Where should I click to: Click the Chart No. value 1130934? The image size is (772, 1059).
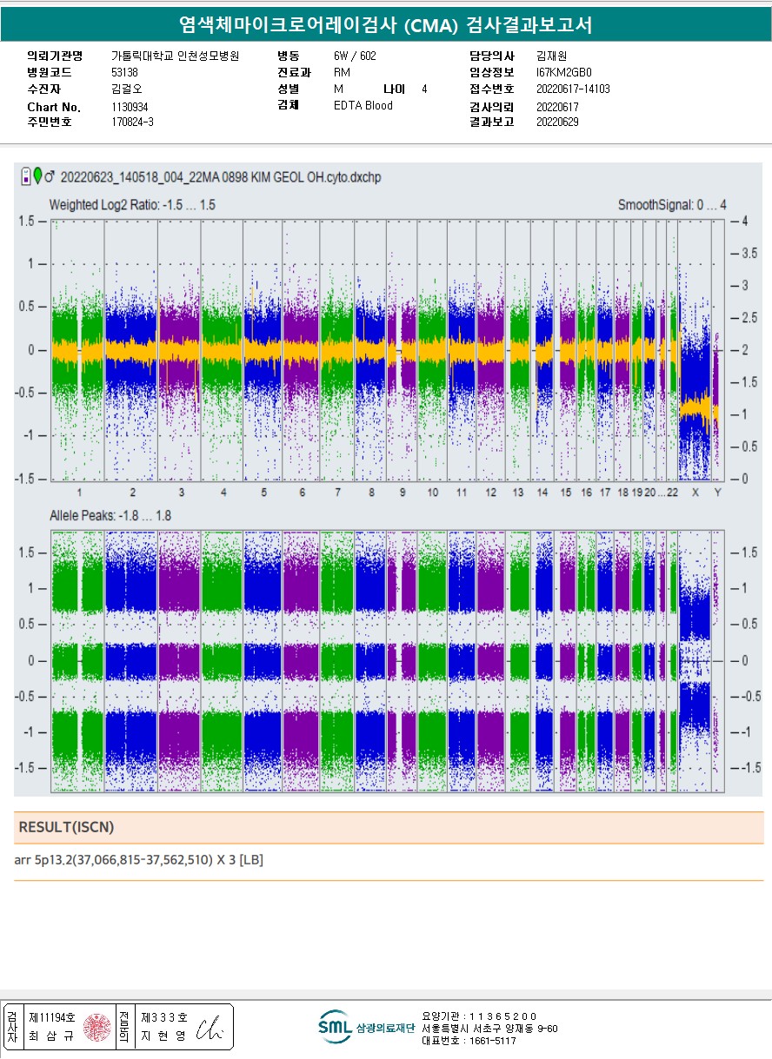[130, 107]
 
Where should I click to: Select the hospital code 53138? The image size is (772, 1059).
[125, 72]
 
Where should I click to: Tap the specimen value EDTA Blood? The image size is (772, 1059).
[363, 106]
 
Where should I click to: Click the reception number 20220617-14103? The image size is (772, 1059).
[573, 89]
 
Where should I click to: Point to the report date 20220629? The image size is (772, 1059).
[557, 122]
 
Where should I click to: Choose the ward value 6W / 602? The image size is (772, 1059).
[355, 56]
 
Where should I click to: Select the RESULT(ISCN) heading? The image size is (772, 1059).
[66, 827]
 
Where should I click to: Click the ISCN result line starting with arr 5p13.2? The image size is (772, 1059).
[138, 860]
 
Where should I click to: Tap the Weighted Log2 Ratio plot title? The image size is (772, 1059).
[132, 205]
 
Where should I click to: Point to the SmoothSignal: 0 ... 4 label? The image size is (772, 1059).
[671, 205]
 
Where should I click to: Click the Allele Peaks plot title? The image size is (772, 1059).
[110, 516]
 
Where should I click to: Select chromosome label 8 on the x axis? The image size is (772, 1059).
[371, 493]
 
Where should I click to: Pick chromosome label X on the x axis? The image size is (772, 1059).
[695, 493]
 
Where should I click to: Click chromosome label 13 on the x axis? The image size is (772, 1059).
[518, 493]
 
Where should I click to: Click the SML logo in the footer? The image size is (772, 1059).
[335, 1027]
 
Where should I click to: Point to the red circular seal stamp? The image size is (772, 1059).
[96, 1028]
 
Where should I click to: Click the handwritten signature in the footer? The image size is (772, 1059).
[213, 1027]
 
